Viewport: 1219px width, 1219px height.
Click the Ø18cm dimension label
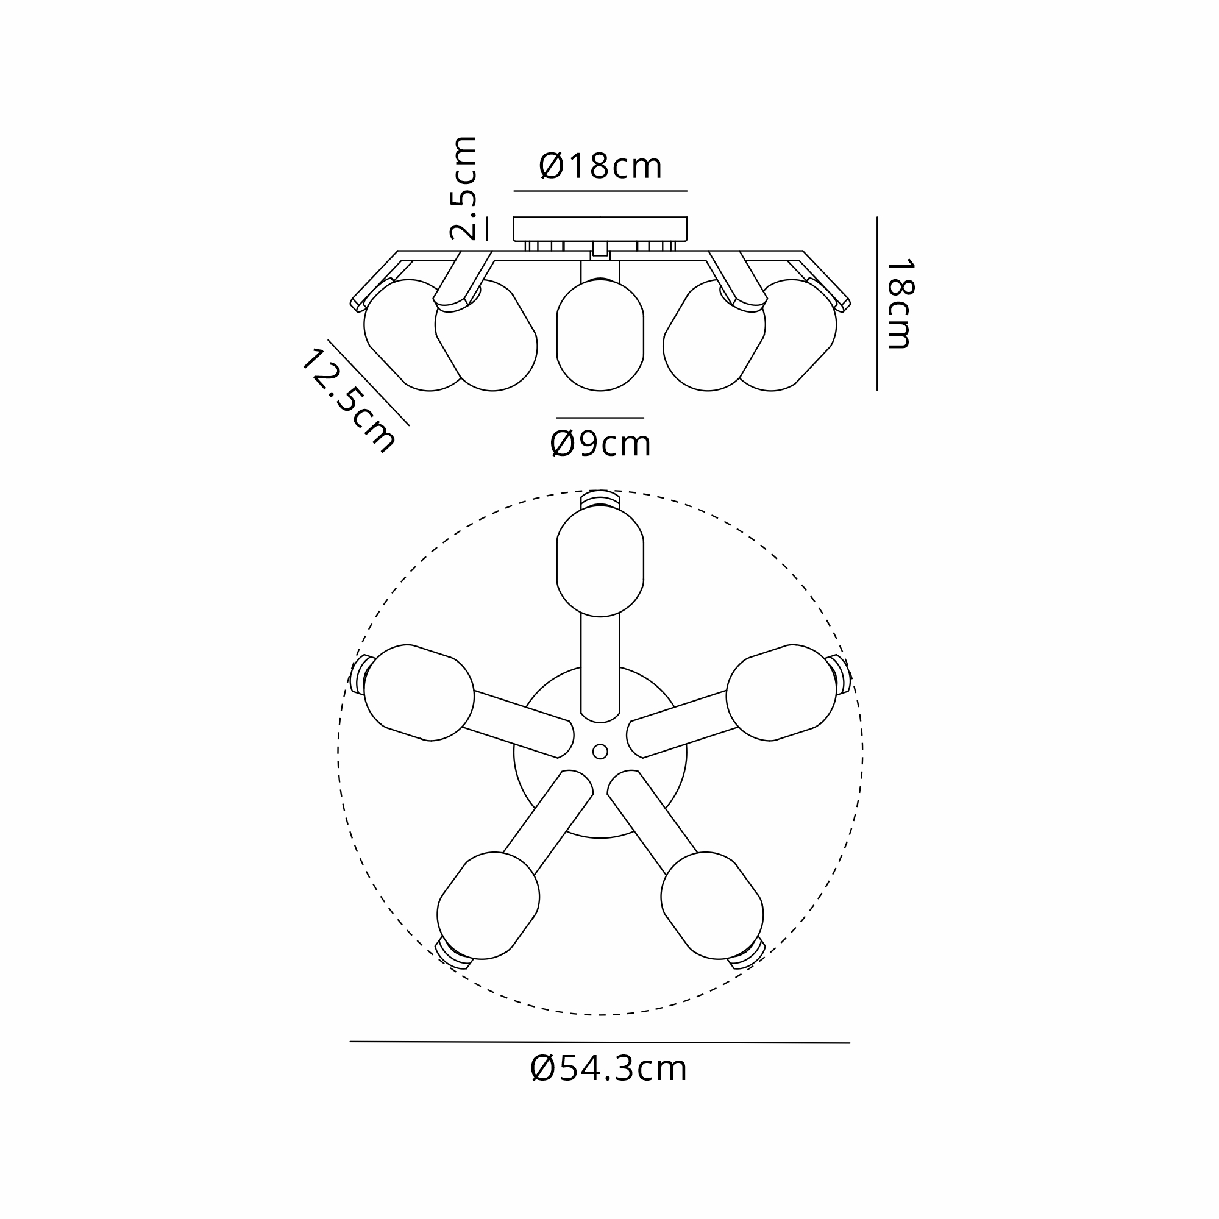[600, 166]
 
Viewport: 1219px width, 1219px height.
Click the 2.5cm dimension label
[464, 188]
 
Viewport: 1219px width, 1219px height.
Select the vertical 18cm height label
[900, 304]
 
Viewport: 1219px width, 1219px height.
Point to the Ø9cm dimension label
[600, 444]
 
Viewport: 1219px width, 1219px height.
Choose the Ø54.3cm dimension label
[608, 1069]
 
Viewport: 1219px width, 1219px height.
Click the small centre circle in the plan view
[600, 752]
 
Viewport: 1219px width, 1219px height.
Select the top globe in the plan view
[600, 561]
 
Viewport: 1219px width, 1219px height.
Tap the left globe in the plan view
[419, 692]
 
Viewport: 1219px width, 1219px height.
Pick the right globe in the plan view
[781, 692]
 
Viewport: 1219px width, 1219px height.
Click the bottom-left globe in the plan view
[488, 904]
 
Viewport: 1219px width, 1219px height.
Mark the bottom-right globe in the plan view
[712, 904]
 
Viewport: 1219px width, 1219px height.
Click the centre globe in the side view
[600, 336]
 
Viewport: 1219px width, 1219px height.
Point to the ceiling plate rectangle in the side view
[600, 229]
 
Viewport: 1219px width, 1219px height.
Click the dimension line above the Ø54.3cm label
[600, 1042]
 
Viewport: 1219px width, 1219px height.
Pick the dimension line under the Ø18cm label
[600, 191]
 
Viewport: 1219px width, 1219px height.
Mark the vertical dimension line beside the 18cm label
[877, 304]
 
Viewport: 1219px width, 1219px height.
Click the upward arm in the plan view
[600, 669]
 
